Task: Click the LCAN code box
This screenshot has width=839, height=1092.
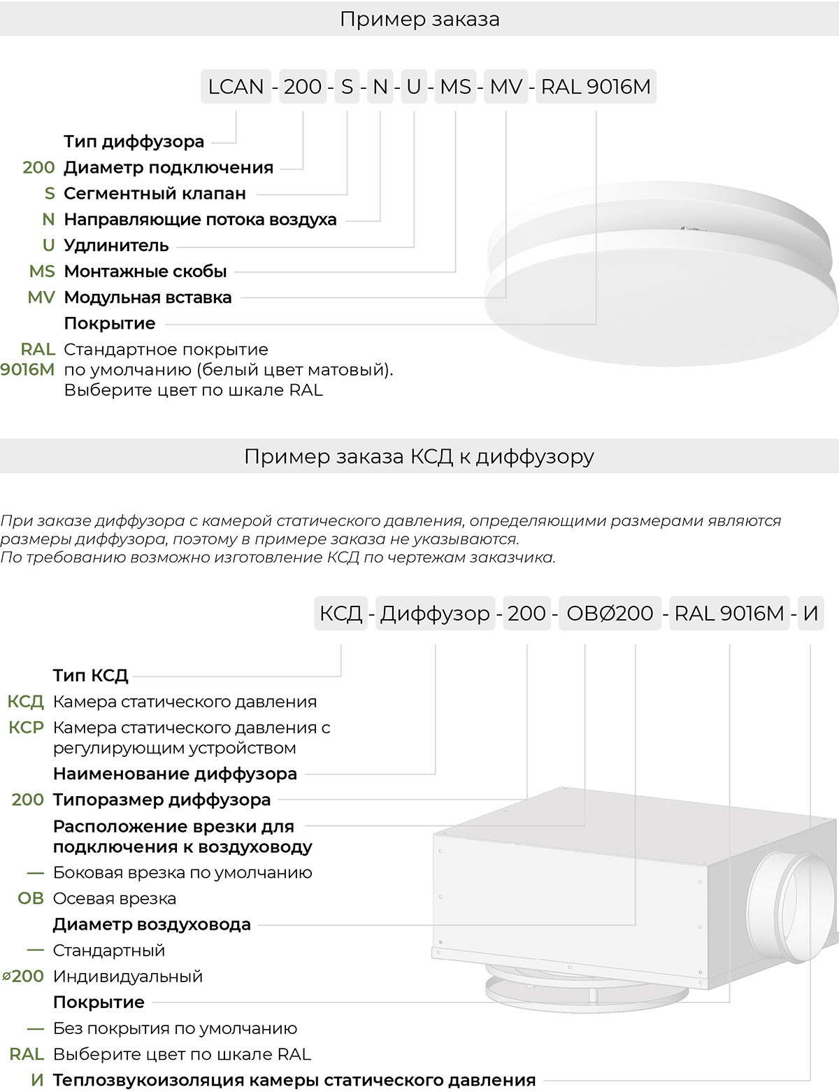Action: point(236,87)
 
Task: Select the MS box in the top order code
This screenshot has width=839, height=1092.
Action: point(455,87)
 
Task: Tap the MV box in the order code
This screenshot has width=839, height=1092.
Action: point(506,87)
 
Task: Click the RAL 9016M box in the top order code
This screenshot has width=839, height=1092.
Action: point(596,87)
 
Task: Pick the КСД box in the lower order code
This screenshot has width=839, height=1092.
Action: point(340,614)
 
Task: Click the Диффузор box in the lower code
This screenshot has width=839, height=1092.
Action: point(435,614)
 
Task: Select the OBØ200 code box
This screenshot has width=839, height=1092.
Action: point(610,614)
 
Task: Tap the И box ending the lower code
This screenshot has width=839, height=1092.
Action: point(810,614)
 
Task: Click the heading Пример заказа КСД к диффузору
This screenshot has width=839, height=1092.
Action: point(419,457)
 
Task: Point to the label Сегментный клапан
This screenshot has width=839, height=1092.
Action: point(155,193)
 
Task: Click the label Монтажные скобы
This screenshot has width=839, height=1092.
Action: point(145,271)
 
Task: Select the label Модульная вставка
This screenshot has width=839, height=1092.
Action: point(148,297)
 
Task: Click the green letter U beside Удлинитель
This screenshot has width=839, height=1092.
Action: point(48,245)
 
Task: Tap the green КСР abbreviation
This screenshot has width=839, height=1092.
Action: point(27,728)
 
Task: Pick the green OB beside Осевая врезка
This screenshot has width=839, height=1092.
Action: point(31,898)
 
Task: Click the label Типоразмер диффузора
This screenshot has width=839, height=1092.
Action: point(162,800)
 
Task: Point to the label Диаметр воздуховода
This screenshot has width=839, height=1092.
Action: point(152,924)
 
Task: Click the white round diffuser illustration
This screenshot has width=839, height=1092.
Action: point(661,287)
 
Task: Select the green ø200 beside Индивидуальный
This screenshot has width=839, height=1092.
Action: point(24,976)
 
